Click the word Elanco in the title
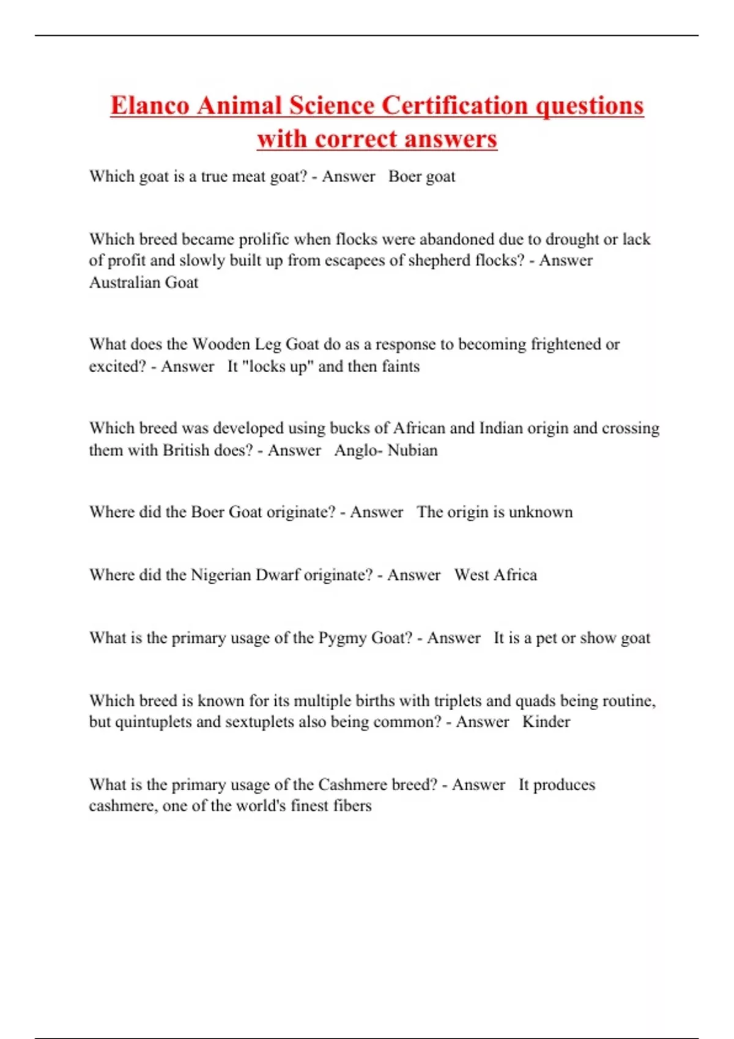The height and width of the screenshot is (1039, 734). click(x=150, y=105)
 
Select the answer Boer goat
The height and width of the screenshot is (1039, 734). click(x=422, y=177)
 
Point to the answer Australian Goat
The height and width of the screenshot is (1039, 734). click(x=144, y=282)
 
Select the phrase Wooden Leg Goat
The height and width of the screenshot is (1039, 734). click(x=256, y=344)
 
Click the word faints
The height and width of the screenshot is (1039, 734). click(x=401, y=367)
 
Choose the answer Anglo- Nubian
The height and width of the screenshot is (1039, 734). click(x=386, y=450)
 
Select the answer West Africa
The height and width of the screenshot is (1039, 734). click(x=495, y=575)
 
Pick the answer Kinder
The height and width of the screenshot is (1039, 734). click(x=546, y=722)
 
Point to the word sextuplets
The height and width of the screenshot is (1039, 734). click(x=261, y=722)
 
